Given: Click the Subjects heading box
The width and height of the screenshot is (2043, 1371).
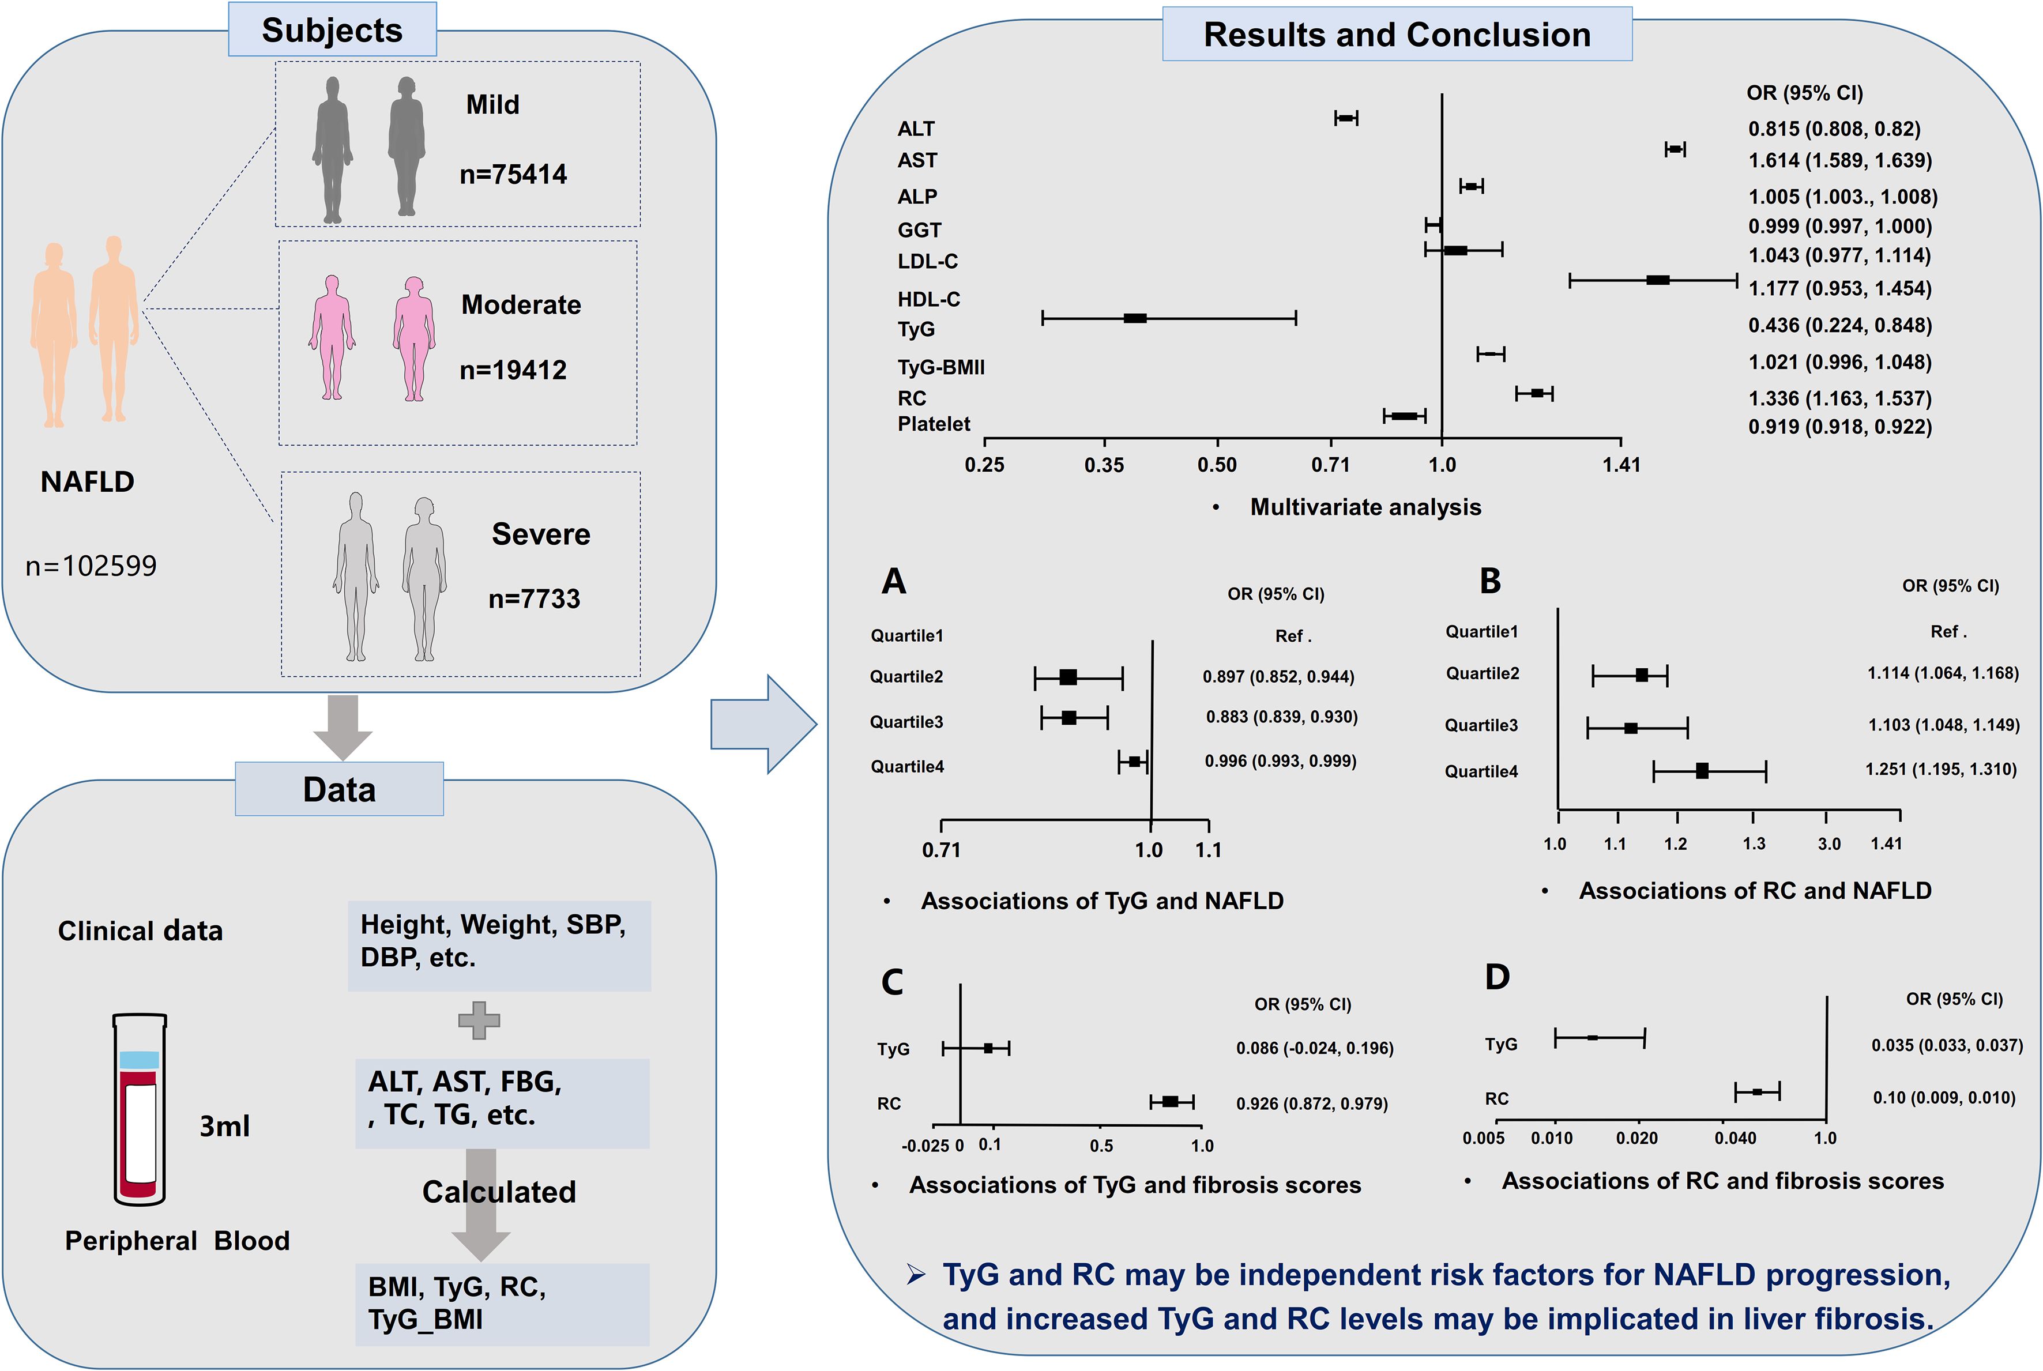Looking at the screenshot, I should pyautogui.click(x=332, y=30).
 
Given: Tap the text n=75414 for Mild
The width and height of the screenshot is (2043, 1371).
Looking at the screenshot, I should pyautogui.click(x=513, y=175).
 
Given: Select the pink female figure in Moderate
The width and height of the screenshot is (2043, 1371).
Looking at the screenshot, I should pyautogui.click(x=413, y=338).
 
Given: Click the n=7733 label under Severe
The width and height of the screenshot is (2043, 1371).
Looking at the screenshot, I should pyautogui.click(x=535, y=599).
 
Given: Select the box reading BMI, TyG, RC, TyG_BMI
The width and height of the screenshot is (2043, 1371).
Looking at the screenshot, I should pyautogui.click(x=502, y=1303).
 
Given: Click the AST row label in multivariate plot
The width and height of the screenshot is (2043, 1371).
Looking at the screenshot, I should pyautogui.click(x=917, y=161).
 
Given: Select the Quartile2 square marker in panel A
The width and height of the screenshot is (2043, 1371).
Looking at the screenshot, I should pyautogui.click(x=1068, y=677).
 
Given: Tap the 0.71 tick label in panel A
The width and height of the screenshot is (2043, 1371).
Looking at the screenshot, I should pyautogui.click(x=941, y=849).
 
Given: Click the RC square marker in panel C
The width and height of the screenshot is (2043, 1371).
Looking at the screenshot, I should pyautogui.click(x=1170, y=1102).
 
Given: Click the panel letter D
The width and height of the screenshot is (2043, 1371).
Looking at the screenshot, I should pyautogui.click(x=1498, y=977).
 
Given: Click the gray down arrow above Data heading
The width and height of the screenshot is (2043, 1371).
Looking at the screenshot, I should pyautogui.click(x=343, y=726).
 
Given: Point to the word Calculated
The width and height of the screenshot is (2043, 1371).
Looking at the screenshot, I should pyautogui.click(x=499, y=1192).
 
